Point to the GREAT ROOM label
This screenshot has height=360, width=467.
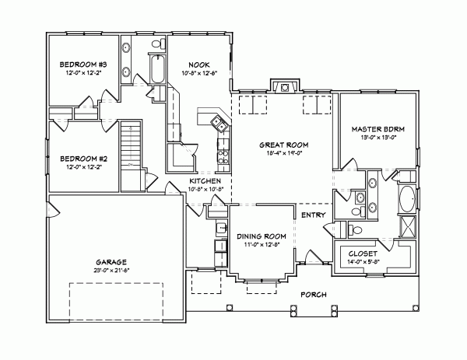tap(284, 145)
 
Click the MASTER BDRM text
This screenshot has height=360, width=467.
tap(377, 128)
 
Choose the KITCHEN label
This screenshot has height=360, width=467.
tap(206, 180)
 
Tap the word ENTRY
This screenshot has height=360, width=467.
tap(312, 215)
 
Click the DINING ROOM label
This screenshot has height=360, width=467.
tap(262, 236)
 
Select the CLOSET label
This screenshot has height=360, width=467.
tap(363, 254)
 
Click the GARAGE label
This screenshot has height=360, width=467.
tap(112, 262)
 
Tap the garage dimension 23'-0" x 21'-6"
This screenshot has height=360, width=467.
tap(112, 271)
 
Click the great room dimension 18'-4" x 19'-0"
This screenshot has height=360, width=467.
tap(284, 153)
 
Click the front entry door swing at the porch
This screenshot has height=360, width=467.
tap(312, 257)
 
